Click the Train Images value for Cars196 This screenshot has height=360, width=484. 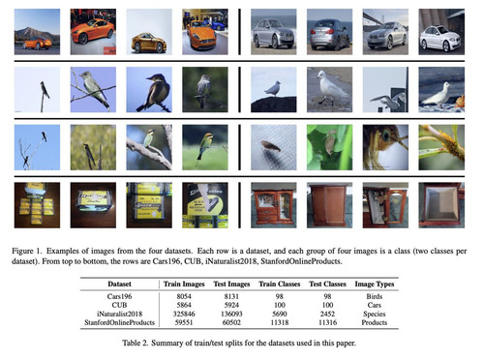pos(184,296)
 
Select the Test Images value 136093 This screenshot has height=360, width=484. pos(231,314)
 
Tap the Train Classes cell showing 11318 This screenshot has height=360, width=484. pos(280,322)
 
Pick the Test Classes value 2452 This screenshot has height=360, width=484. pos(327,314)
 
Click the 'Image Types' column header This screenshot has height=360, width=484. pos(375,285)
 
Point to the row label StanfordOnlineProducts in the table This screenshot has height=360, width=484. pos(119,322)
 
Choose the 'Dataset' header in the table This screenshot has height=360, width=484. pos(119,284)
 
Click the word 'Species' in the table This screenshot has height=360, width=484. pos(375,314)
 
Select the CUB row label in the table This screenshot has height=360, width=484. pos(119,305)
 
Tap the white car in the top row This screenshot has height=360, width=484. pos(441,39)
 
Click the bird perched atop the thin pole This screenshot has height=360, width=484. pos(45,90)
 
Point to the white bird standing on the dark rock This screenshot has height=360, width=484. pos(273,88)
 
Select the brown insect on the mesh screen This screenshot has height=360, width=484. pos(270,146)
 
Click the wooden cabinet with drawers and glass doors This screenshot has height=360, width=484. pos(274,206)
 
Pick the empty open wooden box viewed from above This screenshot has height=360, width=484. pos(441,205)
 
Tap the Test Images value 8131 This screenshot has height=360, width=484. pos(231,296)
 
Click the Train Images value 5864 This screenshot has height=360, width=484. pos(184,305)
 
